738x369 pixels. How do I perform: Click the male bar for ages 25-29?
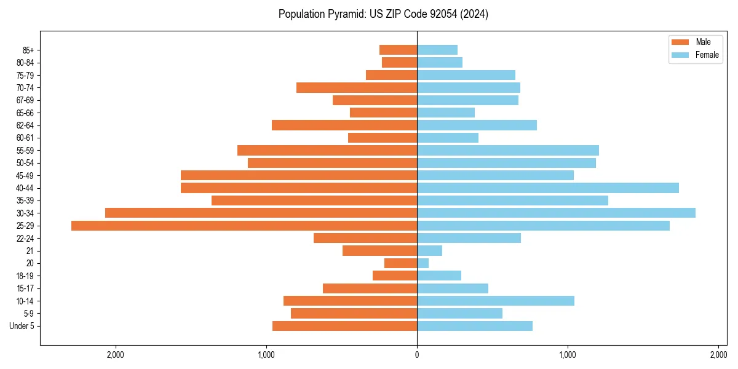click(x=244, y=226)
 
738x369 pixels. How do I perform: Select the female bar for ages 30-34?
click(x=556, y=213)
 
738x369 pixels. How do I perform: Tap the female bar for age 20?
click(x=423, y=263)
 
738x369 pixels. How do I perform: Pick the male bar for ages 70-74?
click(x=357, y=87)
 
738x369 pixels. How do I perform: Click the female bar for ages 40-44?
click(x=548, y=188)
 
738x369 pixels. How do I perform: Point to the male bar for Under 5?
click(x=344, y=326)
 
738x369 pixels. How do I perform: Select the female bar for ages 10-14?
click(x=496, y=301)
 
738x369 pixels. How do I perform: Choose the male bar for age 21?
click(x=379, y=251)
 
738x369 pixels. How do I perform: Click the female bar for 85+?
click(x=437, y=50)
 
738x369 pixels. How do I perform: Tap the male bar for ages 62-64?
click(x=344, y=125)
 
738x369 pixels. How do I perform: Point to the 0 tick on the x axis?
click(x=417, y=355)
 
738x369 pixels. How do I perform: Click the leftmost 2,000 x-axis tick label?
click(x=116, y=355)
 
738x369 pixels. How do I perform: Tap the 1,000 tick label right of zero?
click(x=568, y=355)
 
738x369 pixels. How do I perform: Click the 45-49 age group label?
click(x=25, y=175)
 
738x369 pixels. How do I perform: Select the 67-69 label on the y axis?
click(x=25, y=100)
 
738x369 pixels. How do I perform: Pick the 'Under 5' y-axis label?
click(x=22, y=326)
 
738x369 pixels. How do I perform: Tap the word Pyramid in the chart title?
click(x=345, y=14)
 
